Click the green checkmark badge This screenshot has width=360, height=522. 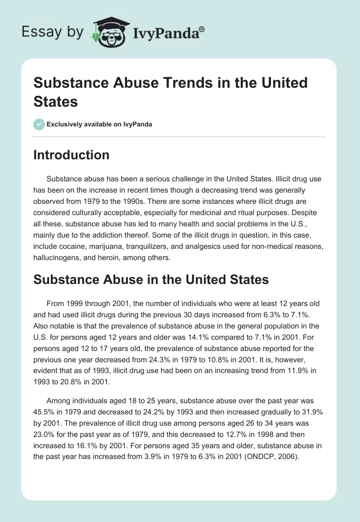39,124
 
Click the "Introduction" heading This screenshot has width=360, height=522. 72,155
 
